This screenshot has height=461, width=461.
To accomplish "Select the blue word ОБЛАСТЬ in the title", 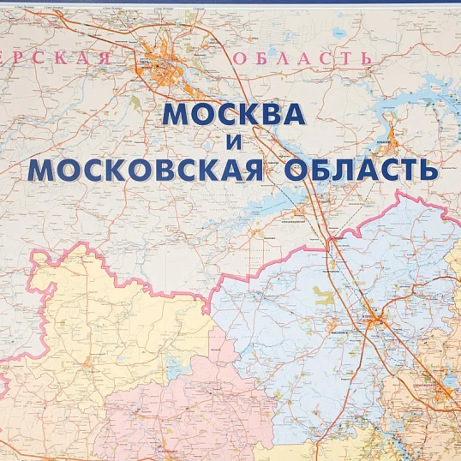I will [x=360, y=169].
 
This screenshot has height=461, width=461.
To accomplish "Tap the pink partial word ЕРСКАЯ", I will [x=56, y=58].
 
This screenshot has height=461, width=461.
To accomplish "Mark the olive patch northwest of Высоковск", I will [x=322, y=296].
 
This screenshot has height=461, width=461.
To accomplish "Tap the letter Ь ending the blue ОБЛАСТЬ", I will [x=428, y=169].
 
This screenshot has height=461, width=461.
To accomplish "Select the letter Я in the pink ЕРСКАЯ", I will [x=103, y=58].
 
